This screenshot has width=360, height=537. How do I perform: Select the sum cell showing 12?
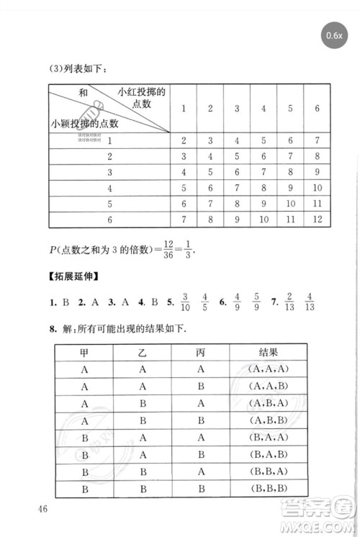tap(317, 219)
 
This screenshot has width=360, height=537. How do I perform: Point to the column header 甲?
tap(85, 351)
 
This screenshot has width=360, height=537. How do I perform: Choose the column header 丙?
tap(200, 351)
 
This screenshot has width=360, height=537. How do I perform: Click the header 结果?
tap(268, 351)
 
